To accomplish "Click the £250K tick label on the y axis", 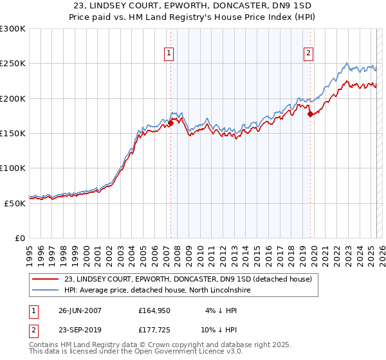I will [x=12, y=64].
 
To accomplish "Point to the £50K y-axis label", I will [x=14, y=203].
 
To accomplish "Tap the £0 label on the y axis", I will [x=19, y=238].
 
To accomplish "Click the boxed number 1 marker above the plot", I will [x=169, y=54].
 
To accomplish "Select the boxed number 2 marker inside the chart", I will [x=309, y=54].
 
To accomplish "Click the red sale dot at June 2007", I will [x=170, y=123].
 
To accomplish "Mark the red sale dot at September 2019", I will [x=310, y=114].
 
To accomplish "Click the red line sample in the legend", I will [x=45, y=279].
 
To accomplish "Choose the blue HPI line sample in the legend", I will [x=45, y=290].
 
